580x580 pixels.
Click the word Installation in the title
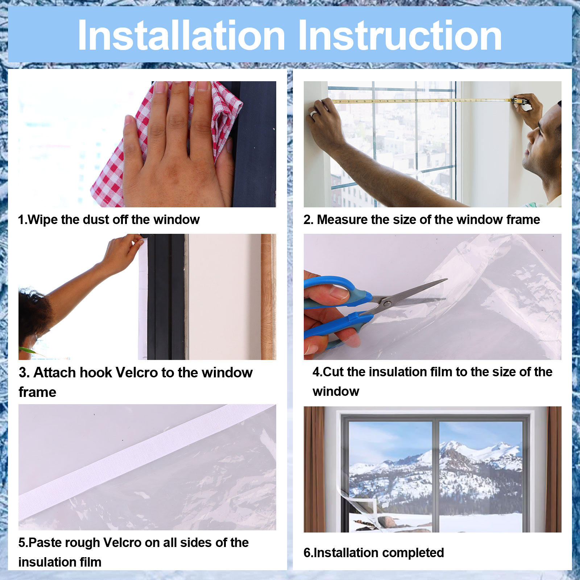point(182,35)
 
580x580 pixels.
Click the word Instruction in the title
point(399,35)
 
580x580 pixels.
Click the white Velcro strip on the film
point(145,457)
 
